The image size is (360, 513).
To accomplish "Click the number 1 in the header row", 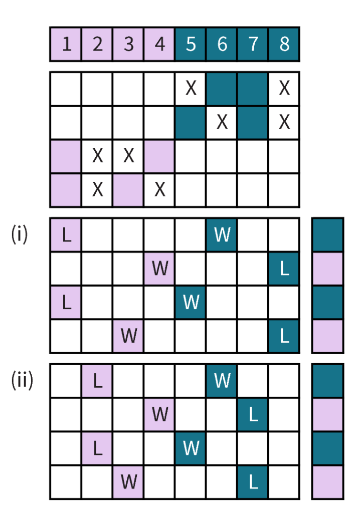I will pos(67,45).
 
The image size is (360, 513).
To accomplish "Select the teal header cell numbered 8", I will pos(284,45).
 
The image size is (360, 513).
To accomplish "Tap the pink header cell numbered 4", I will pos(160,45).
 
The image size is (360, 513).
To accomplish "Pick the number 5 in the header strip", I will pos(191,45).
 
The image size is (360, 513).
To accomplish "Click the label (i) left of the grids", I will pos(20,234).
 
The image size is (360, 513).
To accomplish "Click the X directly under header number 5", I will pos(191,89).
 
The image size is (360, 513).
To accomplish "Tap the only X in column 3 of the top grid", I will pos(129,156).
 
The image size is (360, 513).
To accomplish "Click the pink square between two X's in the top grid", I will pos(129,190).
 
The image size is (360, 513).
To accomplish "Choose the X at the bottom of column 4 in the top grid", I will pos(160,190).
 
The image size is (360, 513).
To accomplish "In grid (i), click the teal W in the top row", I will pos(222,234).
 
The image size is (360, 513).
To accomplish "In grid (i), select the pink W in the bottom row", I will pos(129,336).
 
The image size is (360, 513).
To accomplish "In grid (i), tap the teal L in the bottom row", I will pos(284,336).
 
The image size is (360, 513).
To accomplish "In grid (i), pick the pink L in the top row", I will pos(67,234).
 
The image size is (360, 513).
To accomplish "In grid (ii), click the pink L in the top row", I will pos(98,381).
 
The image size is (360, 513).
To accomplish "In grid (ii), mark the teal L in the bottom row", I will pos(253,482).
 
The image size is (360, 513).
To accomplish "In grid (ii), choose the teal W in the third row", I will pos(191,448).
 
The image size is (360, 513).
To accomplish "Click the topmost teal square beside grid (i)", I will pos(327,234).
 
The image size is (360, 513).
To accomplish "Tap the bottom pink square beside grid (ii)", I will pos(327,482).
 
